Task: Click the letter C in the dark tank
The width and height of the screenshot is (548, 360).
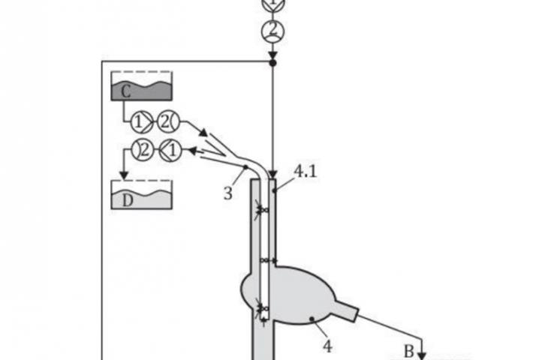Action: (x=125, y=91)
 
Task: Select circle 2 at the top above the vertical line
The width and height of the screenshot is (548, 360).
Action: (x=272, y=31)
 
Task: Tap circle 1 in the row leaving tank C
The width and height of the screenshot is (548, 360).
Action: (x=139, y=120)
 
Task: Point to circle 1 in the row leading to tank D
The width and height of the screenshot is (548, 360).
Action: (x=171, y=150)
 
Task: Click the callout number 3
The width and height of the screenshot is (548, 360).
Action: (x=228, y=193)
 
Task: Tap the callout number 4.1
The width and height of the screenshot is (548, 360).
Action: (x=304, y=172)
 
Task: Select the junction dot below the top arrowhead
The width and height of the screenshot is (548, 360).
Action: (x=272, y=63)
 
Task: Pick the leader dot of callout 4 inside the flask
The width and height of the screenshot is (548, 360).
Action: (x=312, y=320)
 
